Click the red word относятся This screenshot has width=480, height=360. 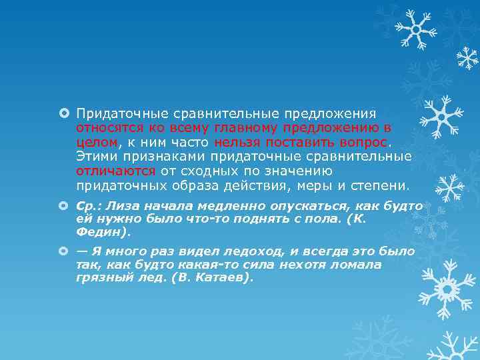[x=105, y=127]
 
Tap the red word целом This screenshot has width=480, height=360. [x=97, y=142]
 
